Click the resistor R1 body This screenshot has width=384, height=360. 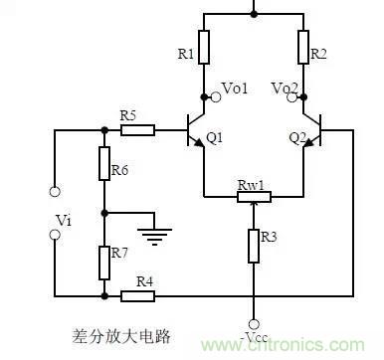pyautogui.click(x=204, y=47)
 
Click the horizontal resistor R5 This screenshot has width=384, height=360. pyautogui.click(x=138, y=128)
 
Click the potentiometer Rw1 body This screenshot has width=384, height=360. pyautogui.click(x=254, y=197)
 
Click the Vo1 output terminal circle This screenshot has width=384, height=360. pyautogui.click(x=205, y=96)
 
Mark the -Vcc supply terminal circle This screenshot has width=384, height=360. pyautogui.click(x=254, y=324)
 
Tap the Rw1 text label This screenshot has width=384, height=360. pyautogui.click(x=250, y=184)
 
